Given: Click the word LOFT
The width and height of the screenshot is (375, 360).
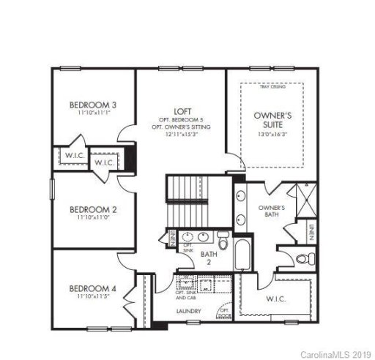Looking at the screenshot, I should click(182, 110).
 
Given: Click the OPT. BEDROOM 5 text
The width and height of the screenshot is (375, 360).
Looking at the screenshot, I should click(182, 119).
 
